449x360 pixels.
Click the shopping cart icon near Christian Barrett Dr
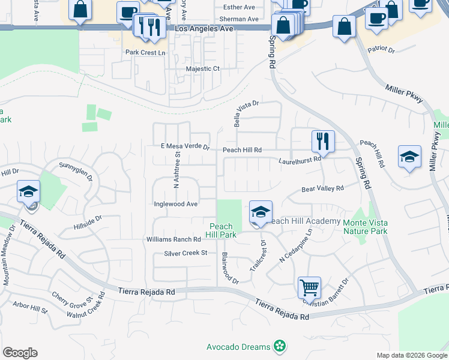309,287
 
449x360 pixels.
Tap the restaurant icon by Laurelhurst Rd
323,141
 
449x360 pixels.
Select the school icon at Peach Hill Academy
261,212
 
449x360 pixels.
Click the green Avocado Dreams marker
279,346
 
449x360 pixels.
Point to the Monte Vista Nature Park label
365,226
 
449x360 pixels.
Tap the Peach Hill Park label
222,230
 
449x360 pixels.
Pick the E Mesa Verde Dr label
184,146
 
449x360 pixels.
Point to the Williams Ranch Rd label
173,239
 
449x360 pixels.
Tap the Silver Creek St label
185,253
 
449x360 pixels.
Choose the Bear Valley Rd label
322,188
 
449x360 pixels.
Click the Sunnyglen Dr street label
76,170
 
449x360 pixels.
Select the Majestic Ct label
202,69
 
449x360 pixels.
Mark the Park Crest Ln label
145,53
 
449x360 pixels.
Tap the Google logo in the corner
20,353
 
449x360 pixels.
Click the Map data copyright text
411,355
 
